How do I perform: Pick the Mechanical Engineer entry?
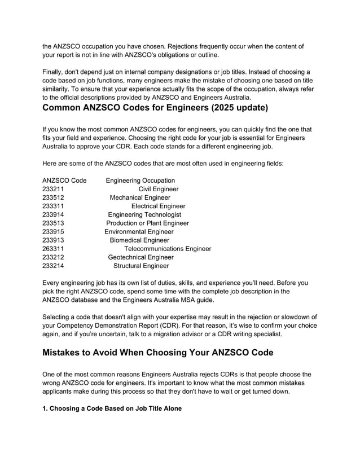139,197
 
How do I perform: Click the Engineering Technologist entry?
144,214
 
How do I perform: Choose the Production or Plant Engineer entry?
147,223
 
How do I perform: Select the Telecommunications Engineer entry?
168,248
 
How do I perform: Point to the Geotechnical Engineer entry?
141,257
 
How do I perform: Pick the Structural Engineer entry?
141,265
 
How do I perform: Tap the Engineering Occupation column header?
141,181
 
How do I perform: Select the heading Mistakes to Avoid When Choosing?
159,353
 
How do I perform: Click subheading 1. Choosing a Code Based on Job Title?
112,408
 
